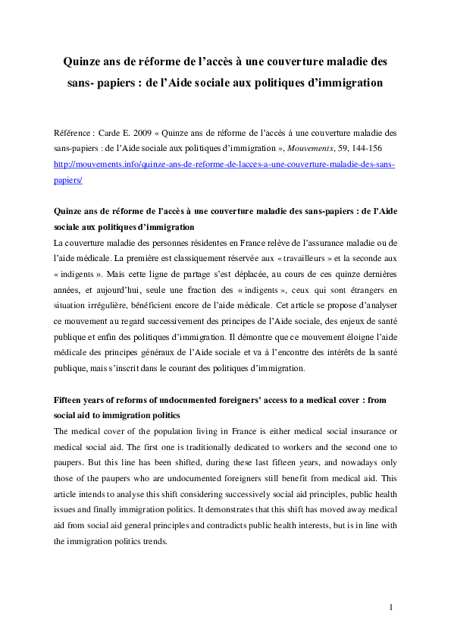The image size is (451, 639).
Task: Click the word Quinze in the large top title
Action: (85, 59)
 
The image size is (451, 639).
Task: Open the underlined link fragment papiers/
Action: (68, 180)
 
